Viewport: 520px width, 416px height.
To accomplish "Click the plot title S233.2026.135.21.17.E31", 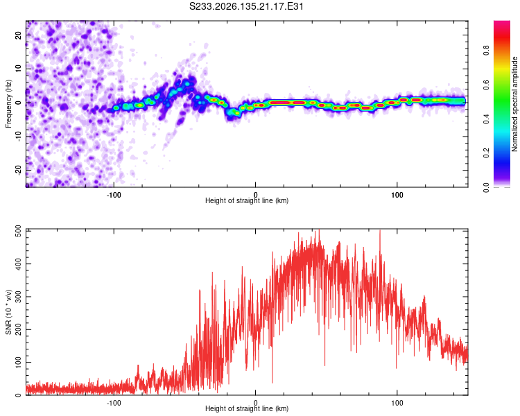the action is tap(246, 6).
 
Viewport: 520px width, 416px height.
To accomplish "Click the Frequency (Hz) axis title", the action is tap(8, 104).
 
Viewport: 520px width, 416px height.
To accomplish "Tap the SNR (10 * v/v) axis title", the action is tap(8, 312).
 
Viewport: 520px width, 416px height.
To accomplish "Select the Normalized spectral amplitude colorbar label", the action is tap(514, 104).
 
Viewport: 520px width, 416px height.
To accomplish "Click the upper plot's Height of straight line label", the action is tap(247, 200).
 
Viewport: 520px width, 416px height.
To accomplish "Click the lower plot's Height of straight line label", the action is tap(247, 408).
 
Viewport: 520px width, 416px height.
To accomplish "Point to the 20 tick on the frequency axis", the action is tap(19, 35).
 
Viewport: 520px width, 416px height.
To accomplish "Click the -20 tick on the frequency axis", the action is tap(19, 170).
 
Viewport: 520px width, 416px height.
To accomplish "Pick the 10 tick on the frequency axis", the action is tap(19, 69).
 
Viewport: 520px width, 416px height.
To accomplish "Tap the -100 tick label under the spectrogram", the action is tap(114, 195).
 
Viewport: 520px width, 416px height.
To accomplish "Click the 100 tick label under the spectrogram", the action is tap(397, 195).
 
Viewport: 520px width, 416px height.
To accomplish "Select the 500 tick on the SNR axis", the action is tap(19, 231).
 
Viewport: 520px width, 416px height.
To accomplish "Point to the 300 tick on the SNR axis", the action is tap(19, 297).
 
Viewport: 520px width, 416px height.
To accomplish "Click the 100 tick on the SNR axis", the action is tap(19, 362).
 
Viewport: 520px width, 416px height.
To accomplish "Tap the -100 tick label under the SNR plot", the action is tap(114, 403).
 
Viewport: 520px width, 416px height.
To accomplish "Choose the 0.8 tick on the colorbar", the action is tap(487, 51).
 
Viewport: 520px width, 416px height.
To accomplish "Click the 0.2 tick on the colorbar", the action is tap(487, 153).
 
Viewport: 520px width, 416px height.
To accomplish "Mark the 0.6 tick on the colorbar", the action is tap(487, 85).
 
